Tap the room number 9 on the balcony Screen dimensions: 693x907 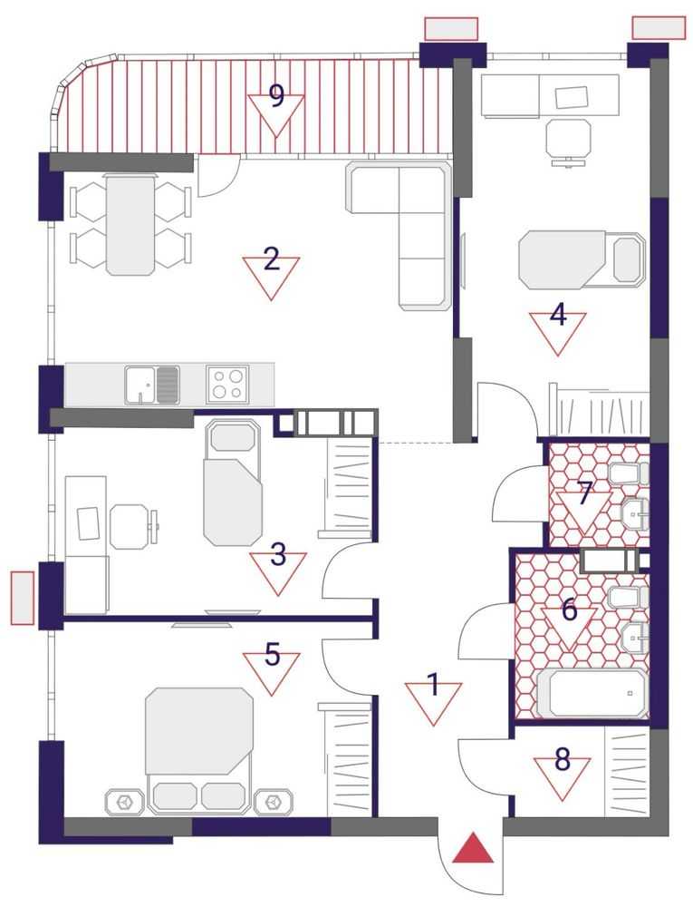[277, 96]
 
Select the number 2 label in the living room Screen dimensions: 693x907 [271, 259]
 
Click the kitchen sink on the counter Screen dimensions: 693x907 [152, 384]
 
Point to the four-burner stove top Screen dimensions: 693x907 [227, 383]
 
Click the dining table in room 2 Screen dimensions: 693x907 [130, 224]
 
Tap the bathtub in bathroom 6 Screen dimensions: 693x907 [593, 694]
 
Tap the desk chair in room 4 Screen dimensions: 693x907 [568, 141]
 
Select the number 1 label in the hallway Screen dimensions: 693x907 [433, 686]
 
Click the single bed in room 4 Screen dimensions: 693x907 [582, 259]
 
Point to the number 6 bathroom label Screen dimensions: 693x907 [570, 610]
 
